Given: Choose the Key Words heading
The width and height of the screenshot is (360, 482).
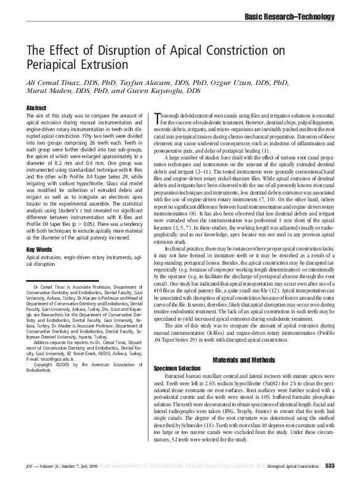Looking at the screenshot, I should click(x=39, y=249).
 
